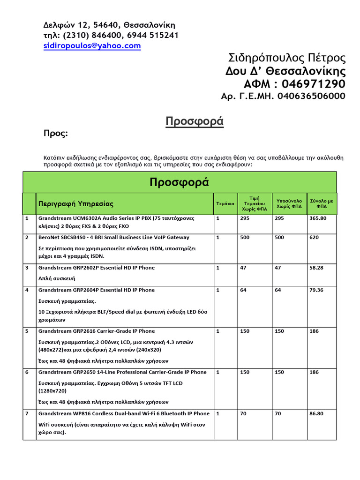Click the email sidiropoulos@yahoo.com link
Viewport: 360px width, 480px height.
(92, 45)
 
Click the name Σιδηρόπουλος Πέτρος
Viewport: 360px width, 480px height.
(287, 58)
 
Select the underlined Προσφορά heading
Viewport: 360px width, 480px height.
(195, 122)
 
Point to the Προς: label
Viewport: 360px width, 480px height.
(56, 134)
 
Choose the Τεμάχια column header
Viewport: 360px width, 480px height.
(225, 204)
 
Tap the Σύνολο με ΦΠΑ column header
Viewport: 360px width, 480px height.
(322, 203)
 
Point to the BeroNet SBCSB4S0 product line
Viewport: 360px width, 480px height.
(113, 238)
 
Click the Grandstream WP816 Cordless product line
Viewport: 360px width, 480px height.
(124, 414)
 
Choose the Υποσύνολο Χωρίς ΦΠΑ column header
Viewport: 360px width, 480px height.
(289, 203)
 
